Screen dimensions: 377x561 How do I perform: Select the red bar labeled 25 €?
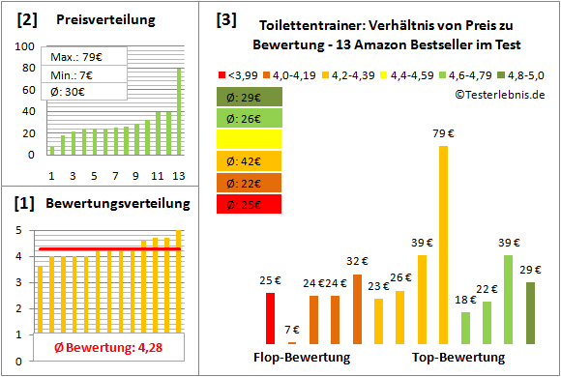(x=271, y=318)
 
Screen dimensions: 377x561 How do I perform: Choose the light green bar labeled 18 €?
(x=465, y=328)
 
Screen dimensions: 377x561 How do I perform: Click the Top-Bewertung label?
(x=458, y=358)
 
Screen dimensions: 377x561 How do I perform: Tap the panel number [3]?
(x=225, y=18)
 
